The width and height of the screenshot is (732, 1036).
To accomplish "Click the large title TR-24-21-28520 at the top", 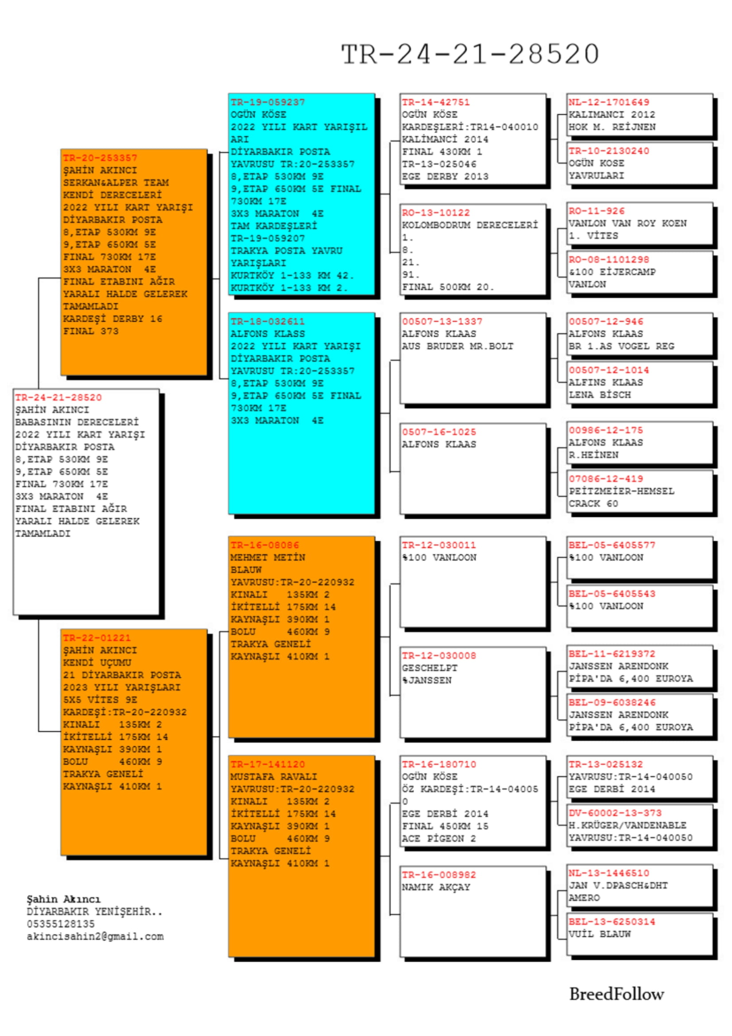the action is point(470,54).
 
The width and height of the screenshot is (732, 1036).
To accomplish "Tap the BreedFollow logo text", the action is point(616,994).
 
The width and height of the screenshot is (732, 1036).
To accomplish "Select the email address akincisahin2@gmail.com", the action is point(95,937).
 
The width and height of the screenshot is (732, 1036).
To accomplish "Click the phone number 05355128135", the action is point(61,924).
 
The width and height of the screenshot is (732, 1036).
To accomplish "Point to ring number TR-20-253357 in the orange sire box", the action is point(100,158).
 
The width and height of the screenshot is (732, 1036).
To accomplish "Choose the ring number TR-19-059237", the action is point(268,102).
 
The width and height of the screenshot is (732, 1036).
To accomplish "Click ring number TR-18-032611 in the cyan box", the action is point(268,322).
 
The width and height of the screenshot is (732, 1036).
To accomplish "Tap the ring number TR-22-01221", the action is point(97,638).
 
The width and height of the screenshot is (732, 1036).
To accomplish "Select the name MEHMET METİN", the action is point(268,558).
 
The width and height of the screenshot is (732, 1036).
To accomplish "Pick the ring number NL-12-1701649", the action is point(609,102).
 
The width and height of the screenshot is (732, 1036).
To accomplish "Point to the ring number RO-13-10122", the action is point(436,213).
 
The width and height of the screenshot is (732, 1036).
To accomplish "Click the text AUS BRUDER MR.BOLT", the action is point(458,346).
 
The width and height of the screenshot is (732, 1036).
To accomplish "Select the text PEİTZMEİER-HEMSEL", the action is point(621,491).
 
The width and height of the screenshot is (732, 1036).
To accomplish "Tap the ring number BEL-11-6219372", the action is point(612,654).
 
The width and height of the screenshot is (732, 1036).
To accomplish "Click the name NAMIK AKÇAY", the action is point(436,888).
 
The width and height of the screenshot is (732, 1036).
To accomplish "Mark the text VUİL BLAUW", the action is point(600,935).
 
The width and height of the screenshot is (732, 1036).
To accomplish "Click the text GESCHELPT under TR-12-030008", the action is point(430,668).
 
